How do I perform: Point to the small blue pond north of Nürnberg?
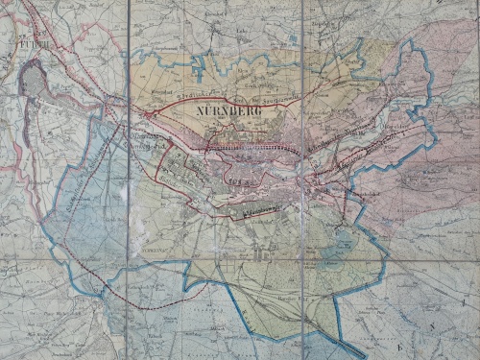click(290, 40)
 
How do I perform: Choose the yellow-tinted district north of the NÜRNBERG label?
click(230, 77)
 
